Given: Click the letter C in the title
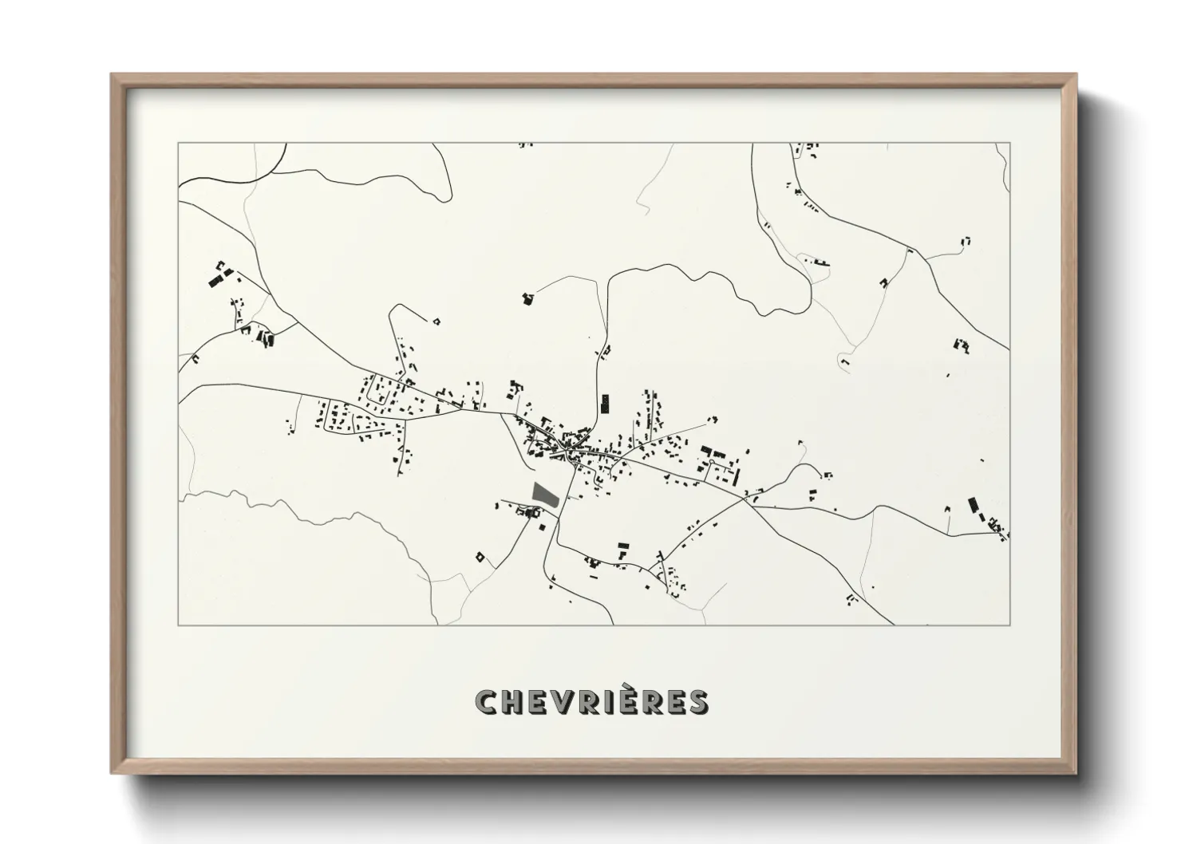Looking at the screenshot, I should (x=487, y=702).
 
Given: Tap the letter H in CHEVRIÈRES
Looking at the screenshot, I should (x=512, y=702).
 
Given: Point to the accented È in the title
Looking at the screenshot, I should (x=642, y=700).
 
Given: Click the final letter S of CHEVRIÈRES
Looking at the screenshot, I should (x=694, y=702).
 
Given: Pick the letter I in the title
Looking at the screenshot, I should (x=618, y=702).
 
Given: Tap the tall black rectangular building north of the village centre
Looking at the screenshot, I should (x=604, y=403).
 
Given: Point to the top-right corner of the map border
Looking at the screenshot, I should (x=1010, y=144).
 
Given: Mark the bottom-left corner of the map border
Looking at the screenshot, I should (x=179, y=625).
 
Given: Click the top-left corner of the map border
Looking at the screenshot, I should (x=179, y=144).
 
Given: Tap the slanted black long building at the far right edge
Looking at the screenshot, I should (x=973, y=506).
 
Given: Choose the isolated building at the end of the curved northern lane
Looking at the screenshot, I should (x=527, y=298).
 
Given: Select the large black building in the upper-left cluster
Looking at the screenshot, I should (x=214, y=280).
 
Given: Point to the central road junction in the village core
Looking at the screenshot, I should (x=567, y=452).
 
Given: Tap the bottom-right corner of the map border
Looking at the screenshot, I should (x=1010, y=625).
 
